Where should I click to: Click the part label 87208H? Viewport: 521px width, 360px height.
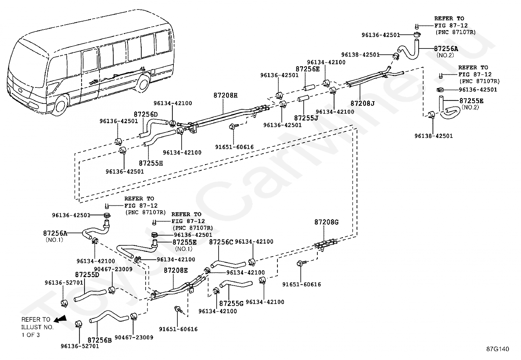(225, 95)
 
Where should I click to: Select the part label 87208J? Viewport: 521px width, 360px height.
(362, 103)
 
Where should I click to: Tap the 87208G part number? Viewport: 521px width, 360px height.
(326, 222)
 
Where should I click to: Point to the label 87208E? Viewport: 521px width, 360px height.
(176, 270)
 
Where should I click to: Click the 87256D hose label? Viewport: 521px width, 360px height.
(146, 114)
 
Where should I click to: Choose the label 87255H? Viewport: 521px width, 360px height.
(151, 163)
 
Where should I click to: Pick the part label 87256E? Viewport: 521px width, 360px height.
(308, 69)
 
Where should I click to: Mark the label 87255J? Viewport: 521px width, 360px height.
(306, 118)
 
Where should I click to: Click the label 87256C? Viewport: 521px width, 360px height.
(221, 242)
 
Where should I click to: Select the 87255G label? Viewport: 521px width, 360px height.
(231, 303)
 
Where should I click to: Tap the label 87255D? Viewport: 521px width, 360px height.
(87, 275)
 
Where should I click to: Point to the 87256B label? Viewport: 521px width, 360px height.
(99, 340)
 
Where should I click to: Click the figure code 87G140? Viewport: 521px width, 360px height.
(498, 349)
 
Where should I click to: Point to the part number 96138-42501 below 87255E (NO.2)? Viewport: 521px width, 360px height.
(434, 136)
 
